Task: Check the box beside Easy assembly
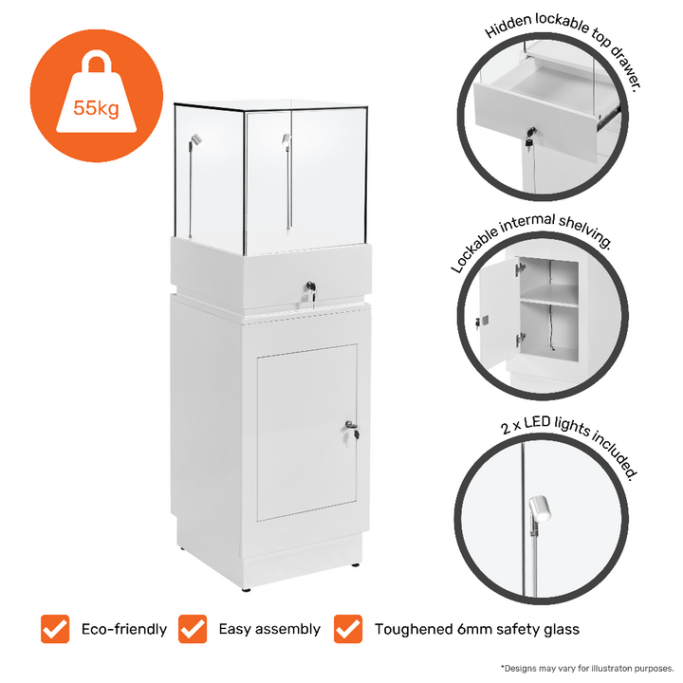(x=193, y=628)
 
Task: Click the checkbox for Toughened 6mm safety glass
(x=348, y=628)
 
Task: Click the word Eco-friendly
(x=123, y=629)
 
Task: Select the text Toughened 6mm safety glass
(x=476, y=629)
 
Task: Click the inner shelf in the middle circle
(x=549, y=302)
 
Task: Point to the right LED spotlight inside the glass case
(x=285, y=144)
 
